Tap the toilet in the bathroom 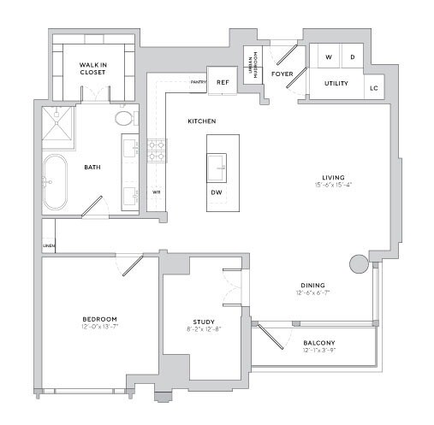coord(125,118)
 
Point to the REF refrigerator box coord(222,82)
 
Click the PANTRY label coord(197,82)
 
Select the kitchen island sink coord(217,163)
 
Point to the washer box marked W coord(327,57)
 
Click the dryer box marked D coord(352,57)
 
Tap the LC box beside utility coord(374,87)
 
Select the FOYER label coord(282,74)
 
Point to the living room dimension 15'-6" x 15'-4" coord(332,185)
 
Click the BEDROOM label coord(99,318)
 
